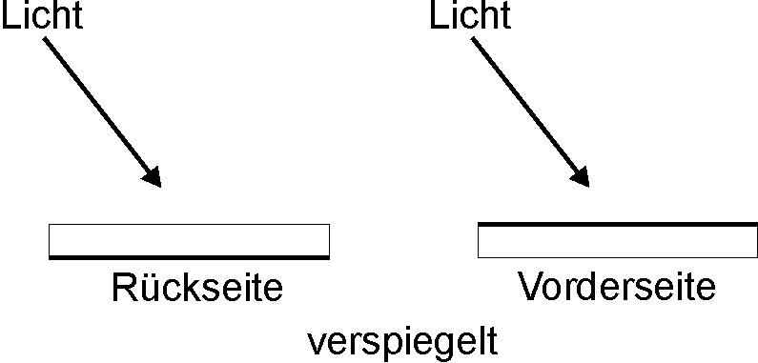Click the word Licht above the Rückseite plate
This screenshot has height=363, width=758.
[x=43, y=14]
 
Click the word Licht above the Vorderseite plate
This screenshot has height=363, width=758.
[x=470, y=14]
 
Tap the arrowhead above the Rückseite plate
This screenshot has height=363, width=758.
[x=153, y=177]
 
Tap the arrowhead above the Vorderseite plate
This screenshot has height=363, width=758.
[x=581, y=177]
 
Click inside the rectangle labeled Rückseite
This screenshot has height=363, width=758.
[x=189, y=240]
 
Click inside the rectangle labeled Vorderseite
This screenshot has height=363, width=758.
[x=618, y=241]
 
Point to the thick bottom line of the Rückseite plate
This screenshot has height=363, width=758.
[x=189, y=257]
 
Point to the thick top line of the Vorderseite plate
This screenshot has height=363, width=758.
[x=618, y=224]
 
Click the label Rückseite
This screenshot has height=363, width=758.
[x=197, y=287]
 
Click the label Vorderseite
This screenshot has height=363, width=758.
[x=617, y=286]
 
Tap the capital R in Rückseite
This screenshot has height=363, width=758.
[x=124, y=288]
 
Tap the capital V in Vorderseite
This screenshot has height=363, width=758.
[x=531, y=286]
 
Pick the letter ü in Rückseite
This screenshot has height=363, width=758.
[x=148, y=289]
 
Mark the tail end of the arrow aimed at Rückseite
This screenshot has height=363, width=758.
[x=45, y=39]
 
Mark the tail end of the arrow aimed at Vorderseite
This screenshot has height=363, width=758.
[x=473, y=39]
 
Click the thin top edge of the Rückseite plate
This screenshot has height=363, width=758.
[x=189, y=224]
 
